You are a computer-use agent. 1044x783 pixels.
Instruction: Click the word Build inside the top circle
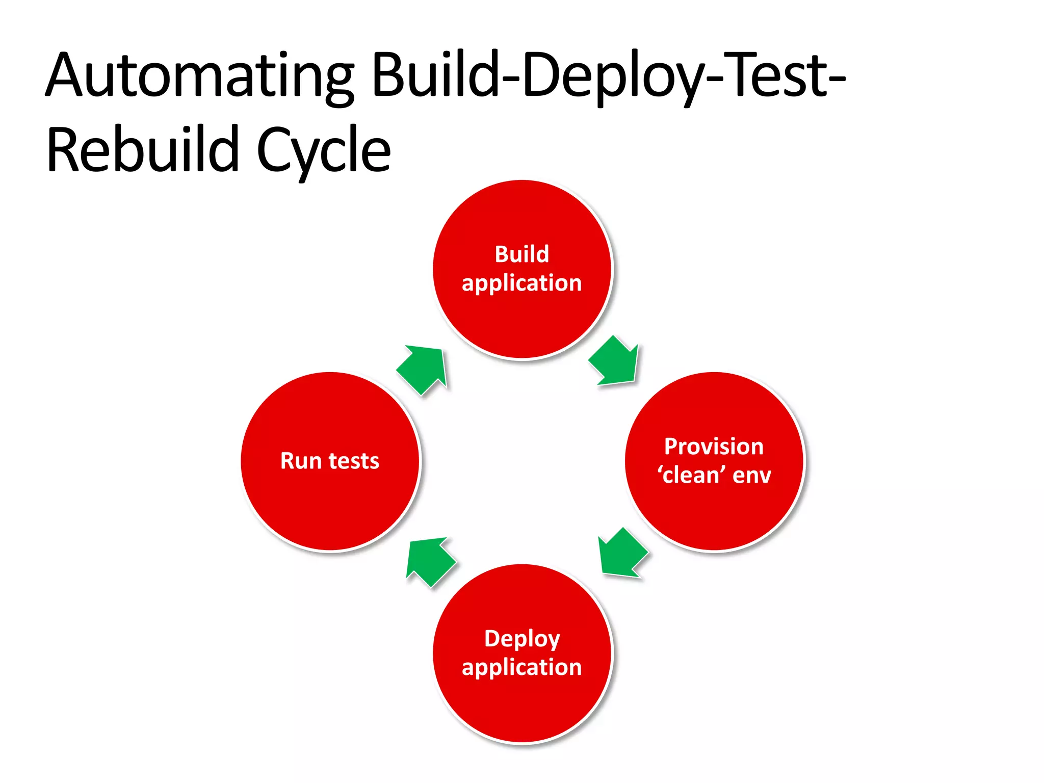(521, 254)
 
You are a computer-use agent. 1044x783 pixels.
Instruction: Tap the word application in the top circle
(521, 283)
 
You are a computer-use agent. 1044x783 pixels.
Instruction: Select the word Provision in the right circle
(714, 447)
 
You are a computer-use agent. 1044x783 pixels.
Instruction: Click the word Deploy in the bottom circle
(521, 639)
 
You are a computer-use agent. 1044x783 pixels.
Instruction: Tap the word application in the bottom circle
(521, 668)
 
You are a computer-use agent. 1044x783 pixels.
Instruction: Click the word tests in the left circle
(354, 461)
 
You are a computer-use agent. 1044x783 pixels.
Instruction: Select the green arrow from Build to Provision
(615, 362)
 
